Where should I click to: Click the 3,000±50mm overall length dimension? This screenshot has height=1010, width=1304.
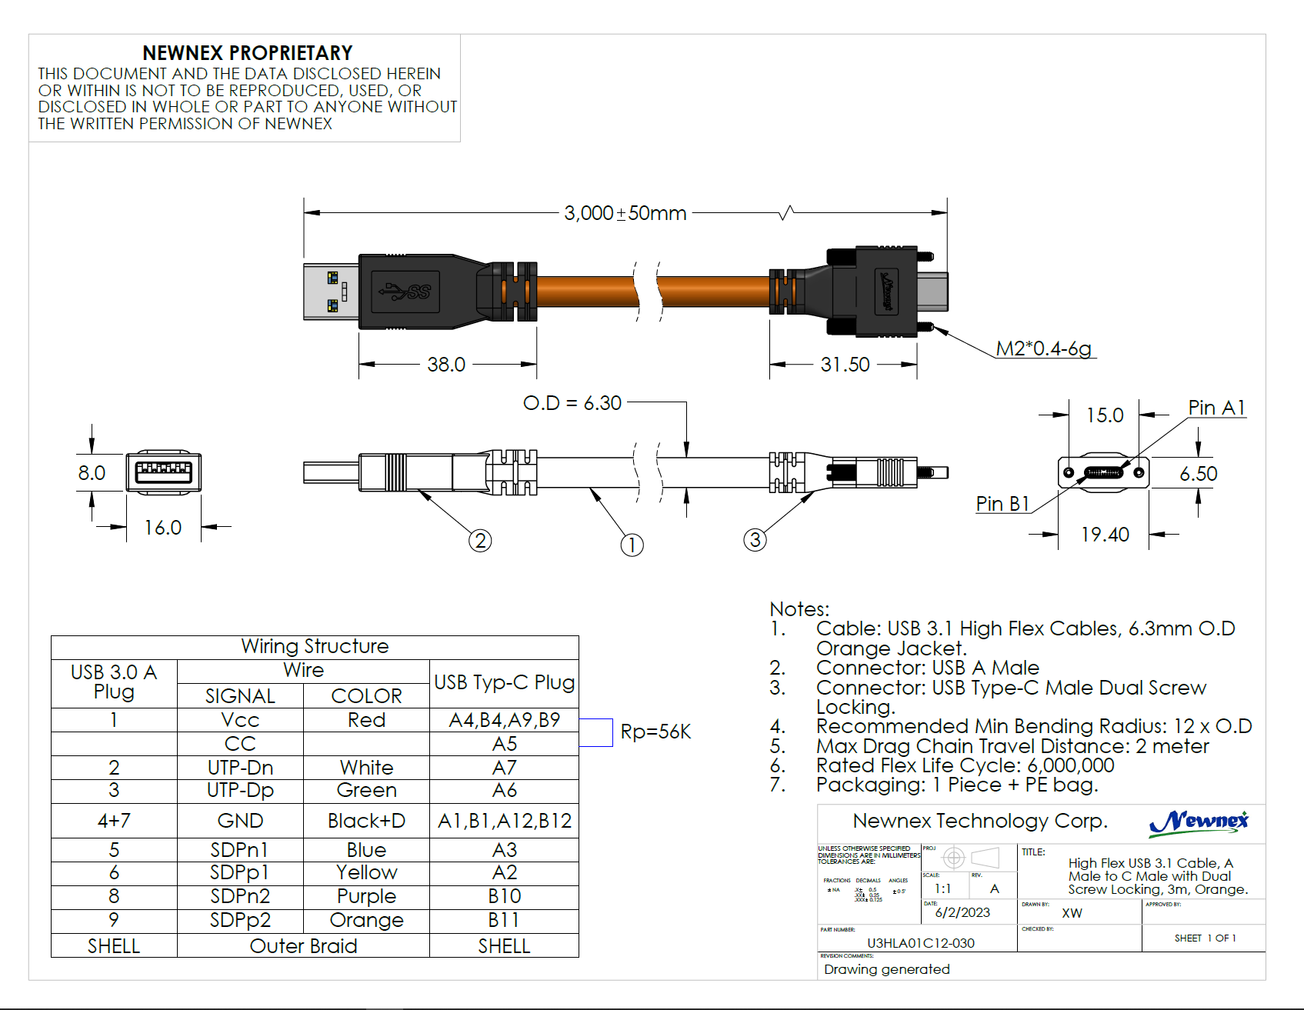coord(625,213)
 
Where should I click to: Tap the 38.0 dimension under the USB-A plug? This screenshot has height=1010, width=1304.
coord(446,365)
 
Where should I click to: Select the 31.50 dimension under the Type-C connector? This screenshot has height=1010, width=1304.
coord(845,365)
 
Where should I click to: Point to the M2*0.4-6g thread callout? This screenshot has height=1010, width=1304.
coord(1043,348)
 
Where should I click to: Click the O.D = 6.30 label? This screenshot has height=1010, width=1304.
coord(572,403)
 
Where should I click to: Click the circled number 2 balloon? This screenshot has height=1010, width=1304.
coord(480,541)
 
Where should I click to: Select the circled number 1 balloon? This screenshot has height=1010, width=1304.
coord(632,545)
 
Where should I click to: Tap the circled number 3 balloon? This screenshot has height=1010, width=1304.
coord(755,540)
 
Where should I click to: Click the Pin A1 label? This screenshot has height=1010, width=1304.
coord(1216,408)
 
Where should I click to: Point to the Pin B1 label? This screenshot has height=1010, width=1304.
coord(1002,504)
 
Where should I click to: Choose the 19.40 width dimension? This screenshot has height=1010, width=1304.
coord(1105,535)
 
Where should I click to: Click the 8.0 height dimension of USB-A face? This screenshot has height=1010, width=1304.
coord(92,473)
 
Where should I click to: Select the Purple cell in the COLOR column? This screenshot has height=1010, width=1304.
coord(366,897)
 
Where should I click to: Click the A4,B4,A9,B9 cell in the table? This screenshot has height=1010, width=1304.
coord(504,720)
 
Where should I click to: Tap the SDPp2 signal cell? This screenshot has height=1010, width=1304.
coord(240,921)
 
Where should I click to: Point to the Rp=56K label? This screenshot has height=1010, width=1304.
coord(655,732)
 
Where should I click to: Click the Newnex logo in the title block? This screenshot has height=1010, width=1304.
coord(1198,822)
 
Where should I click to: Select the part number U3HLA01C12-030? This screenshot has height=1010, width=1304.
coord(920,943)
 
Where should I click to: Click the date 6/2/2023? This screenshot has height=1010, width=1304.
coord(962,912)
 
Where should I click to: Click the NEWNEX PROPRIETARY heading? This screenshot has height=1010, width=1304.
coord(247,53)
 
